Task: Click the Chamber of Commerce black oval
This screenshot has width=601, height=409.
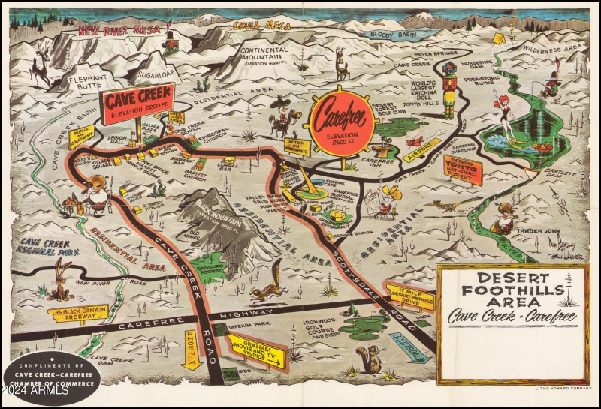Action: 51,376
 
